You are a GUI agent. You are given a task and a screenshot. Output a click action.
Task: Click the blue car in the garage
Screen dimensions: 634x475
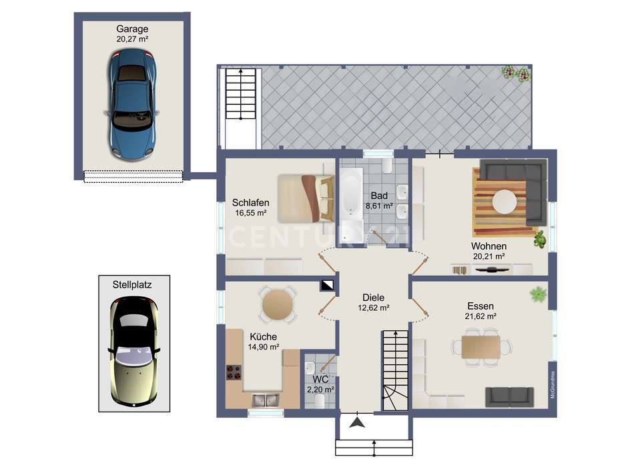coord(132,104)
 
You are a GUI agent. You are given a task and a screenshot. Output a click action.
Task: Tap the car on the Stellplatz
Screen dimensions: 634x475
coord(134,352)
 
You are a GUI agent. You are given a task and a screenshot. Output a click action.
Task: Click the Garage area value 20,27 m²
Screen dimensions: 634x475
coord(132,39)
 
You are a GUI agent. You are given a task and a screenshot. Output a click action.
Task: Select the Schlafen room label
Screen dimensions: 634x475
coord(251,203)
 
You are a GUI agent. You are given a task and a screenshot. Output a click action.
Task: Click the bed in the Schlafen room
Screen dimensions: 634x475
coord(306,198)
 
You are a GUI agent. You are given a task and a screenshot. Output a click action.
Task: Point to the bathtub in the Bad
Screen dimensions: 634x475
coord(350,193)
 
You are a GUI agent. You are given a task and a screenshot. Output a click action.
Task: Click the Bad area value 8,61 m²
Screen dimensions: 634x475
coord(379,205)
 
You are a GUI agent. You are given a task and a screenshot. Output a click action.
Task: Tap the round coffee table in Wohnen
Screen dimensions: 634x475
coord(505,201)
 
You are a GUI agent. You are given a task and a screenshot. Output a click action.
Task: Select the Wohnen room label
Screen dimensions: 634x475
coord(489,246)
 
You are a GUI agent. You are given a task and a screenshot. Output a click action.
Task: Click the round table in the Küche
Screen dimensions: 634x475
coord(278,304)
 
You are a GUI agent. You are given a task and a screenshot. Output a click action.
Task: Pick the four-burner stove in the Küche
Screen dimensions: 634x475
coord(234,372)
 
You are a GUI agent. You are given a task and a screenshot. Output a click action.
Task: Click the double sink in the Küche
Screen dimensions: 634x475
coord(265,400)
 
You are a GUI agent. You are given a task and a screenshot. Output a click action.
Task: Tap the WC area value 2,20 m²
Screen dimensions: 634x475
coord(320,390)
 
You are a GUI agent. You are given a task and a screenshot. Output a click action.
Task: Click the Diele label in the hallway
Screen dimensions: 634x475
coord(373,298)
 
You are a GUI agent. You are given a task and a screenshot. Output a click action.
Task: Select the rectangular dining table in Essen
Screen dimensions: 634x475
coord(481,347)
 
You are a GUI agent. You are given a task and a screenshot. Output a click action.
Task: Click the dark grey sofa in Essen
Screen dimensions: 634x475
coord(509,397)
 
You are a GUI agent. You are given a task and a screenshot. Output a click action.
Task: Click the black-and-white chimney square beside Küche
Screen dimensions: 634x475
coord(328,285)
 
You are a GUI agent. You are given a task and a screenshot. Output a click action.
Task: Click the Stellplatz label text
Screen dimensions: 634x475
coord(132,285)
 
